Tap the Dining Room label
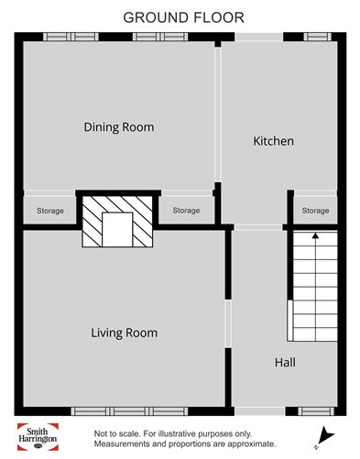[118, 127]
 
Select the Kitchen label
[273, 141]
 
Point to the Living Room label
[124, 333]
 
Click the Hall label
[285, 363]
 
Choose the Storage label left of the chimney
[50, 212]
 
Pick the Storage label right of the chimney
[186, 212]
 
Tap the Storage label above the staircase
[315, 212]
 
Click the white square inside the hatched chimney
[117, 228]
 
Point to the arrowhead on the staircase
[316, 235]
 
